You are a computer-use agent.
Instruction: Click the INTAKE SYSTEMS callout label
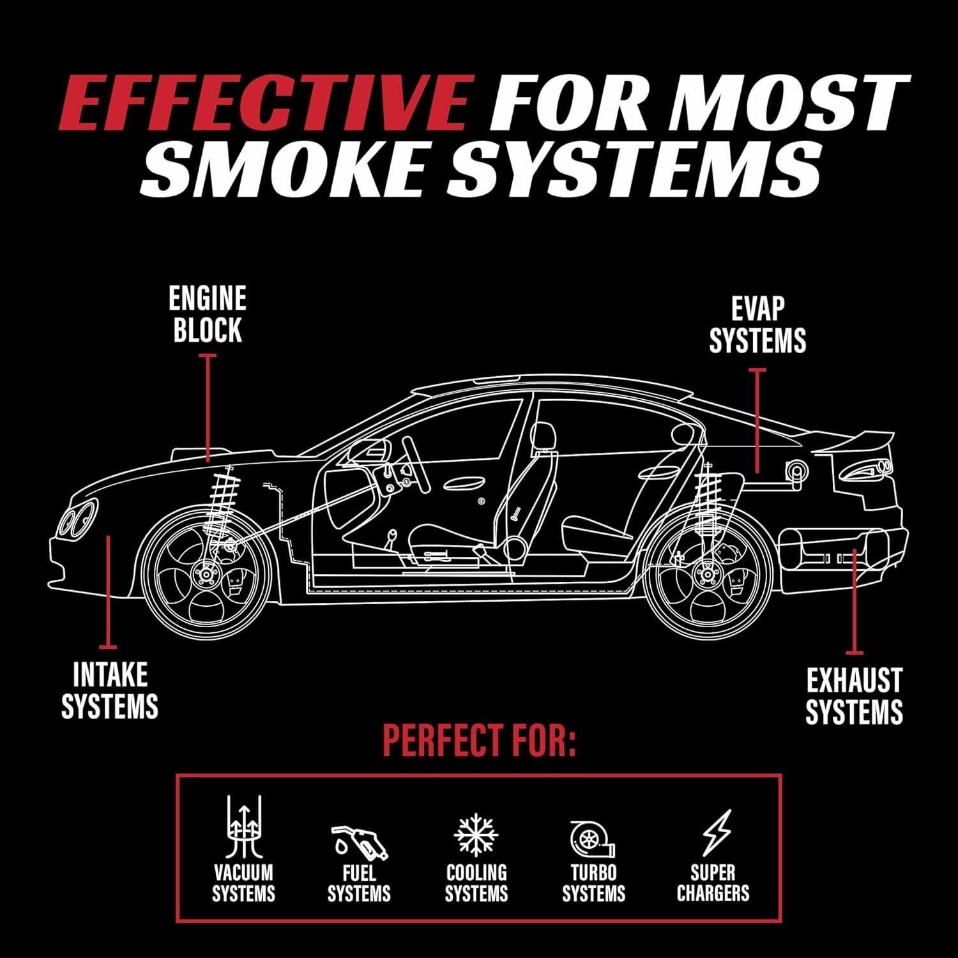coord(110,690)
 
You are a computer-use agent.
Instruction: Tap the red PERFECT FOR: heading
coord(479,741)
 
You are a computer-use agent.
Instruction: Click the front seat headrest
coord(543,437)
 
